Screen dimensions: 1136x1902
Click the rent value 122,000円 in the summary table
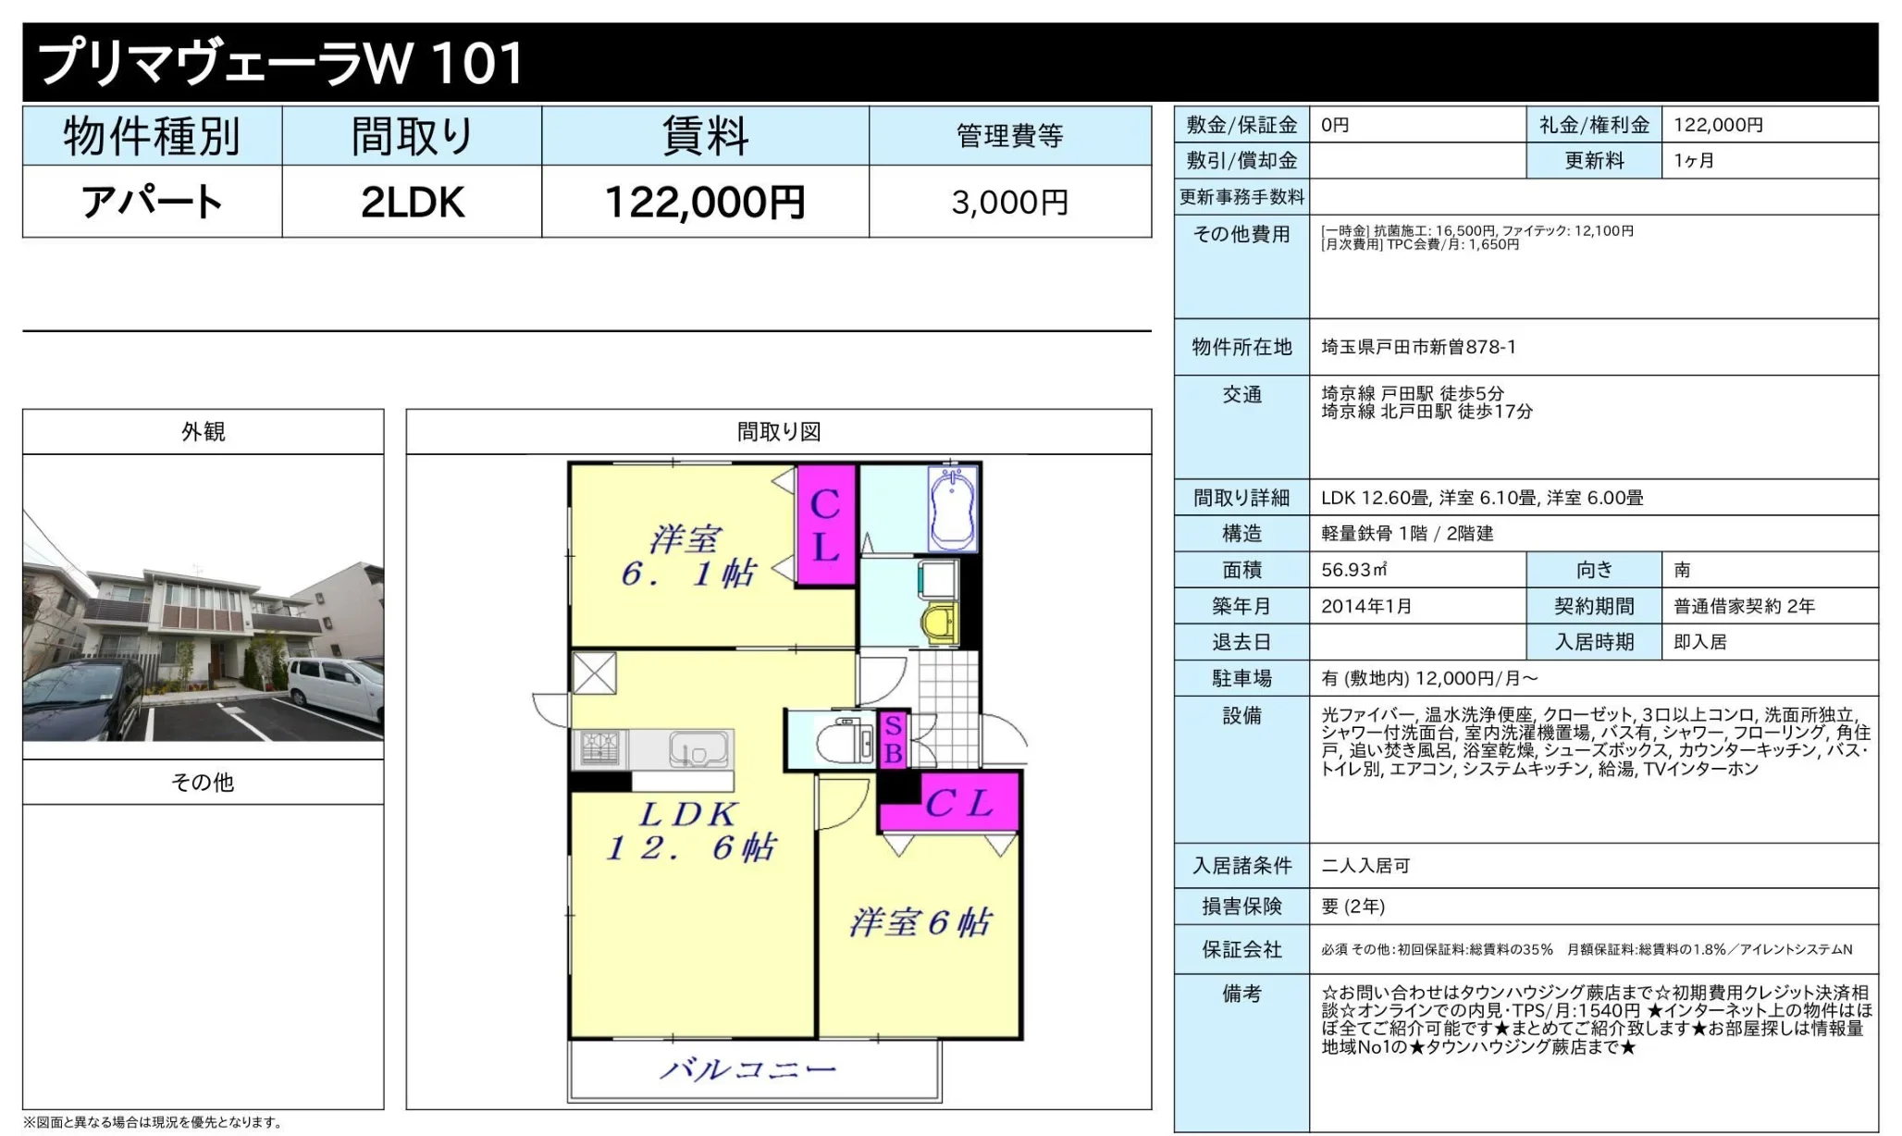click(705, 202)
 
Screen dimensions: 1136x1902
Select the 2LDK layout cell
click(412, 202)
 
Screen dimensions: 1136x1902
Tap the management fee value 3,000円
click(1009, 202)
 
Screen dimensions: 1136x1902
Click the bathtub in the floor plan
click(953, 508)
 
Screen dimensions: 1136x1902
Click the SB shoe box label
click(893, 740)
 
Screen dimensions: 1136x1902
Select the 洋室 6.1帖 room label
click(686, 556)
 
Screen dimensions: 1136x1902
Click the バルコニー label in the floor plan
click(747, 1070)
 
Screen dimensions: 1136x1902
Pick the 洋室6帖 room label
click(920, 922)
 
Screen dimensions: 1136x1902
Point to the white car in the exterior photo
click(335, 689)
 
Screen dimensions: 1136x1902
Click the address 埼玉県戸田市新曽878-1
click(1418, 347)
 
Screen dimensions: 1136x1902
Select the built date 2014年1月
click(1366, 606)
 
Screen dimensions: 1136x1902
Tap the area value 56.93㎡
click(1353, 570)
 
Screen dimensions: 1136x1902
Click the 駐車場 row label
click(1241, 678)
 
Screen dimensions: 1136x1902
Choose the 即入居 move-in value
click(1699, 642)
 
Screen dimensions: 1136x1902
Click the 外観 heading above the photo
click(203, 431)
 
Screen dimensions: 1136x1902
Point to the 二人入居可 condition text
click(1365, 866)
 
